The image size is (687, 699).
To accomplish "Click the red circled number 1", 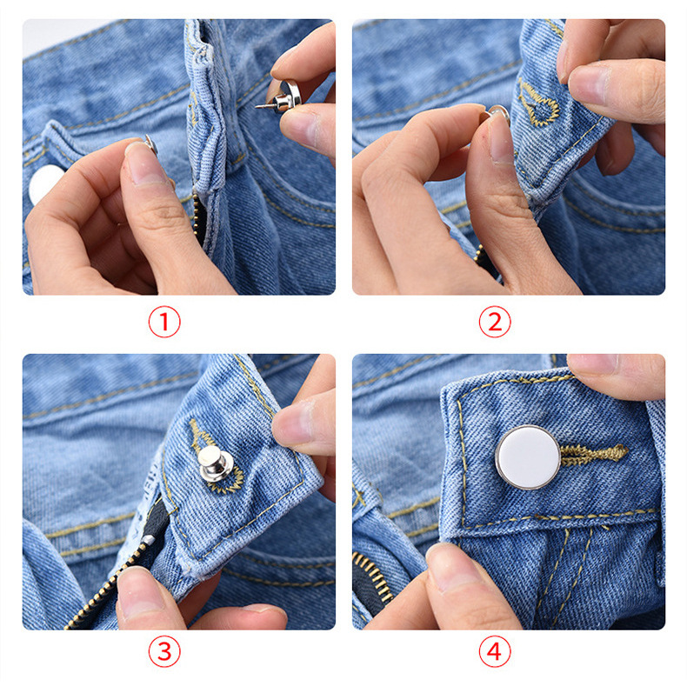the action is [164, 322].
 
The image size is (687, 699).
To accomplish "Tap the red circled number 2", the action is [495, 322].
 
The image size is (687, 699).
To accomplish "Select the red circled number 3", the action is [164, 651].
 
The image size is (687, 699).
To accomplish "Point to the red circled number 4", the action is [495, 651].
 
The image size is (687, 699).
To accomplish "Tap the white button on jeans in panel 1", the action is [44, 183].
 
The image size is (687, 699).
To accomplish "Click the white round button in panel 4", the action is [528, 457].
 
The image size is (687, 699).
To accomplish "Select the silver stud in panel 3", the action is [215, 463].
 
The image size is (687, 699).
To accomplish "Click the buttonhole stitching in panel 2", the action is [538, 103].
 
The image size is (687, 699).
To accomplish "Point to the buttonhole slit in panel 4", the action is [593, 455].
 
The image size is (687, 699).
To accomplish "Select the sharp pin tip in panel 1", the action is [257, 106].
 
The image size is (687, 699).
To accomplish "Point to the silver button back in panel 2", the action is [498, 113].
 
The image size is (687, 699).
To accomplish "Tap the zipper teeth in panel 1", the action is [197, 218].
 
